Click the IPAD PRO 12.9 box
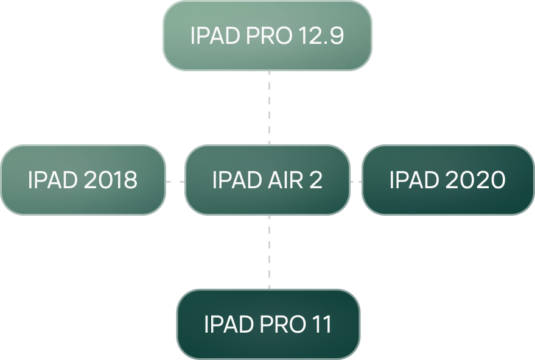click(267, 35)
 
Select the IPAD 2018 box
click(83, 180)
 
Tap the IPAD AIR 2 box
click(267, 180)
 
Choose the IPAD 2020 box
click(447, 180)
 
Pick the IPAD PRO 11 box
click(268, 324)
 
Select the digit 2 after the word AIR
click(315, 180)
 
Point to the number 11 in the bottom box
click(320, 325)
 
